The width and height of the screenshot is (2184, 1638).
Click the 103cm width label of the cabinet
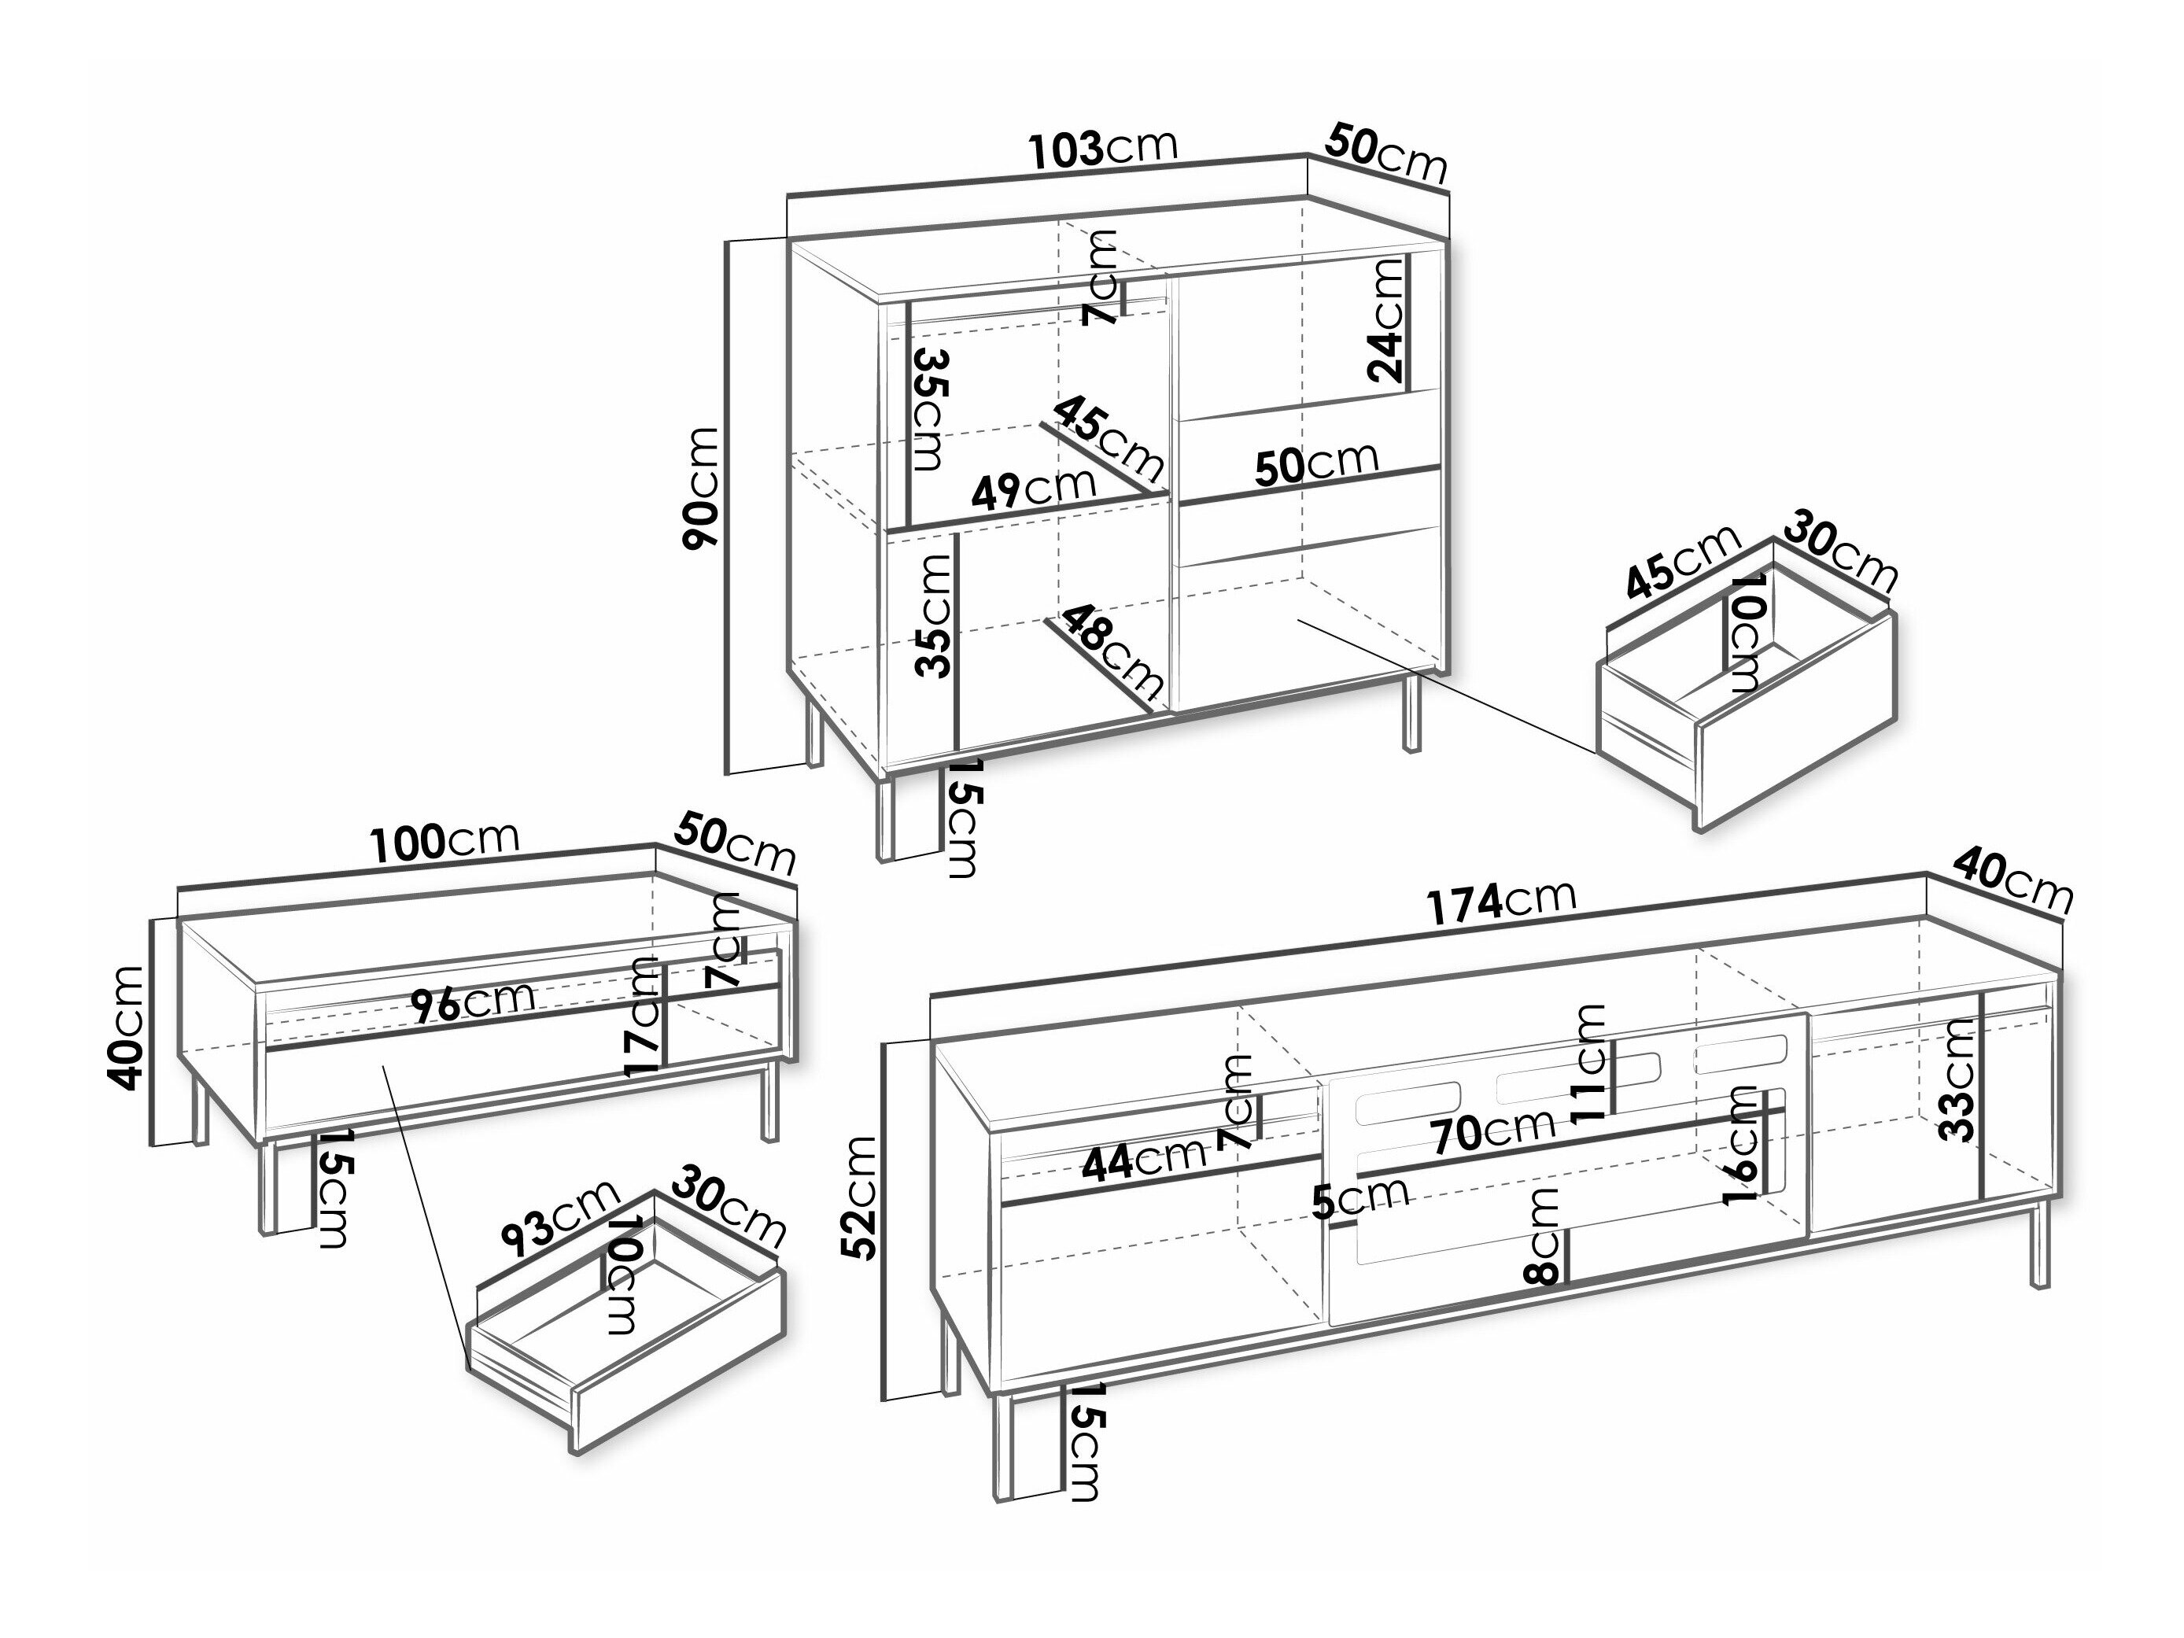[x=1103, y=148]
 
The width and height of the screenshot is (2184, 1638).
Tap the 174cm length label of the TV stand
[x=1501, y=901]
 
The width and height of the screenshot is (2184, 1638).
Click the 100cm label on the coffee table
[x=445, y=841]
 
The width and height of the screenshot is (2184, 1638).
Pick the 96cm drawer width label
[x=473, y=1002]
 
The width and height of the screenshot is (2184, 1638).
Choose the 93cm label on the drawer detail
[x=559, y=1219]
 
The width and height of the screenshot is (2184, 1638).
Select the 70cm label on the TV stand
[x=1494, y=1131]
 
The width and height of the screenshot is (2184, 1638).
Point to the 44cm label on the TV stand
[x=1143, y=1161]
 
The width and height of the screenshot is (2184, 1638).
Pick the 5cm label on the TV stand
[x=1360, y=1197]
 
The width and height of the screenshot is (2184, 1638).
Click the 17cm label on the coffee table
[x=643, y=1016]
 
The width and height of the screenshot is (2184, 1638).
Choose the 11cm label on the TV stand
[x=1590, y=1064]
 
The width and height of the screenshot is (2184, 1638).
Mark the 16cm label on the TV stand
[x=1741, y=1145]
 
